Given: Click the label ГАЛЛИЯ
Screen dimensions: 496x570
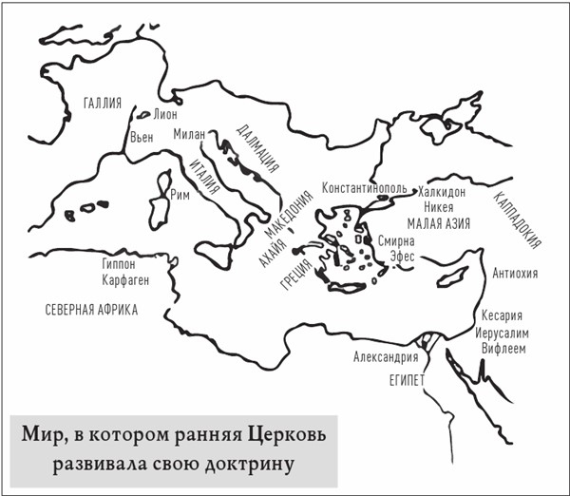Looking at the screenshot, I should point(102,104).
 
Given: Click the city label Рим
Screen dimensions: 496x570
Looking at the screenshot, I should point(180,195).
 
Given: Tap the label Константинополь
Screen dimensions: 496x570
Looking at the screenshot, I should point(367,189).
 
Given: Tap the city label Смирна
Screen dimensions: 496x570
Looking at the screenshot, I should point(398,241).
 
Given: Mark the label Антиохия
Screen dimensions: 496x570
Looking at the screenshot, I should point(517,274).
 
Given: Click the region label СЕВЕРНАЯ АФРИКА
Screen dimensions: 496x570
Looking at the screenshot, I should point(91,310).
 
